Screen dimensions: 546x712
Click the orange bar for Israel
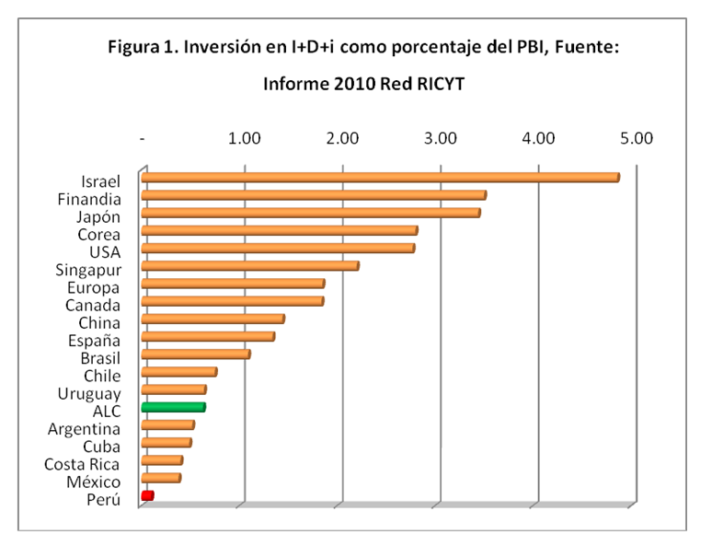(x=379, y=178)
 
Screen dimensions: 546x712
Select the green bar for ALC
(x=173, y=407)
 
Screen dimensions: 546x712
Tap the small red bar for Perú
(x=147, y=495)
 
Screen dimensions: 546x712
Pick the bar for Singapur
(x=249, y=266)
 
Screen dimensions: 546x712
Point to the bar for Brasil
(x=195, y=354)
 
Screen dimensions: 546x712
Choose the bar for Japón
(x=310, y=214)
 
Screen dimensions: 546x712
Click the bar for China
(x=212, y=319)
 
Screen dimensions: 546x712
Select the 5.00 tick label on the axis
(x=636, y=139)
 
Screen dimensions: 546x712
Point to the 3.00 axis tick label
(x=441, y=139)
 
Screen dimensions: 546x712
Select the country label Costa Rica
(x=83, y=464)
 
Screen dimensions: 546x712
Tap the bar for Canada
(x=232, y=301)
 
